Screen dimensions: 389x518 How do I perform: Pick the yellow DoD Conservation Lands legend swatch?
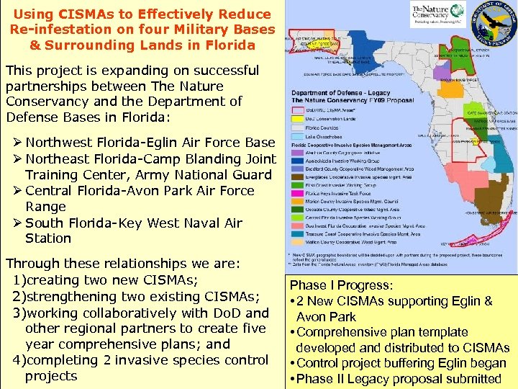297,117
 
